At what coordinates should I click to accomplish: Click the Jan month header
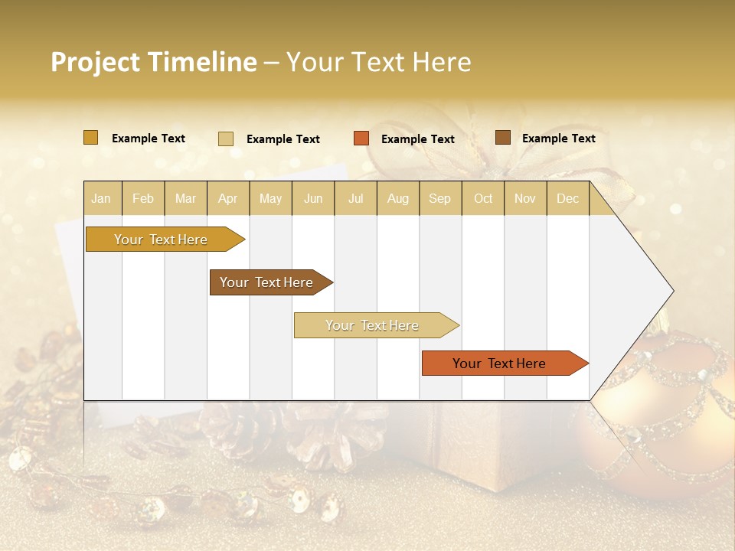pyautogui.click(x=101, y=199)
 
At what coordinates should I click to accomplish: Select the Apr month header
pyautogui.click(x=228, y=199)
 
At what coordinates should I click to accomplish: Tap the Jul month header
pyautogui.click(x=355, y=199)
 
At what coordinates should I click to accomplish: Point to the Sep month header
pyautogui.click(x=439, y=199)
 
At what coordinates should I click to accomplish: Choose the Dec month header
pyautogui.click(x=567, y=199)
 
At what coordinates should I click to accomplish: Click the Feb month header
pyautogui.click(x=143, y=199)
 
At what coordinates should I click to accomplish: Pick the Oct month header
pyautogui.click(x=483, y=199)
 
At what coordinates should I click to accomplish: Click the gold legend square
pyautogui.click(x=90, y=138)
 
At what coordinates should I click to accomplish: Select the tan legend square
pyautogui.click(x=225, y=139)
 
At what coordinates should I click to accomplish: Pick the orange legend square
pyautogui.click(x=361, y=139)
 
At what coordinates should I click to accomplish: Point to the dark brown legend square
pyautogui.click(x=502, y=138)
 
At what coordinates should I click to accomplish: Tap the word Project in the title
pyautogui.click(x=94, y=62)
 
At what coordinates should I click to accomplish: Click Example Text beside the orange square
pyautogui.click(x=417, y=139)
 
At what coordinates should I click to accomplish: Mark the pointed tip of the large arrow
pyautogui.click(x=673, y=291)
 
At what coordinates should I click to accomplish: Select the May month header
pyautogui.click(x=270, y=199)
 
